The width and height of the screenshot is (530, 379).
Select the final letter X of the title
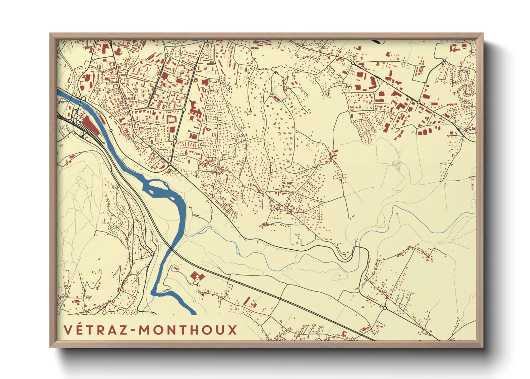coord(232,330)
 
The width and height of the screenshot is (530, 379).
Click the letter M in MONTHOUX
coord(145,330)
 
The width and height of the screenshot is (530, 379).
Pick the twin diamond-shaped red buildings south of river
coord(197,276)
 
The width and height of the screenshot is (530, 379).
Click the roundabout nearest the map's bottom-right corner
coord(385,308)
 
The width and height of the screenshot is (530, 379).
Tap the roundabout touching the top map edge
coord(206,42)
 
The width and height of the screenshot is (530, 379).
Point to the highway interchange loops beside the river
coord(76,115)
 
